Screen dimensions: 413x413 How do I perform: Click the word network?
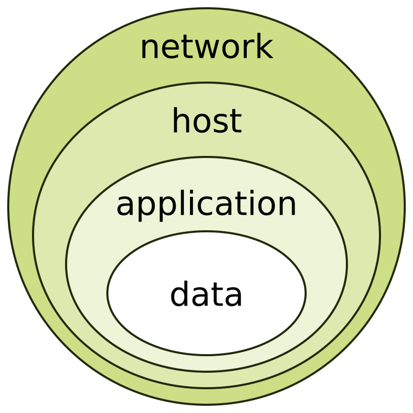pyautogui.click(x=206, y=47)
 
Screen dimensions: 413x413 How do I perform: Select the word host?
pyautogui.click(x=206, y=122)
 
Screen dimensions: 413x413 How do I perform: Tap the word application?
pyautogui.click(x=206, y=204)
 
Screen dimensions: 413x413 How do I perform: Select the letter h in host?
pyautogui.click(x=181, y=121)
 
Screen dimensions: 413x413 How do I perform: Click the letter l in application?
pyautogui.click(x=173, y=202)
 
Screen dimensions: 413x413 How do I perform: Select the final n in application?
pyautogui.click(x=287, y=205)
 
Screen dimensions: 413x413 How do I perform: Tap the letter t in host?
pyautogui.click(x=235, y=122)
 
